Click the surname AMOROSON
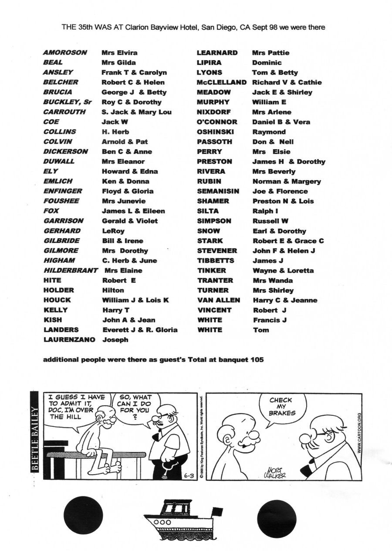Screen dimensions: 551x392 (65, 52)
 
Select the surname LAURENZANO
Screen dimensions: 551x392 (69, 339)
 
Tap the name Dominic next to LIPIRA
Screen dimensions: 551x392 (267, 62)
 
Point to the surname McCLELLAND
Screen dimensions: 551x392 (222, 82)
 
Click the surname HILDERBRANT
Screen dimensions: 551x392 (71, 270)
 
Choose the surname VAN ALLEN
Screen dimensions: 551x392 (219, 300)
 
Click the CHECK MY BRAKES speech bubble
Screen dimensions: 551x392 (281, 407)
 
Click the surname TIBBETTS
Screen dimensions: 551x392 (216, 260)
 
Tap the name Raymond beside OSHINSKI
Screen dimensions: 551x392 (269, 132)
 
